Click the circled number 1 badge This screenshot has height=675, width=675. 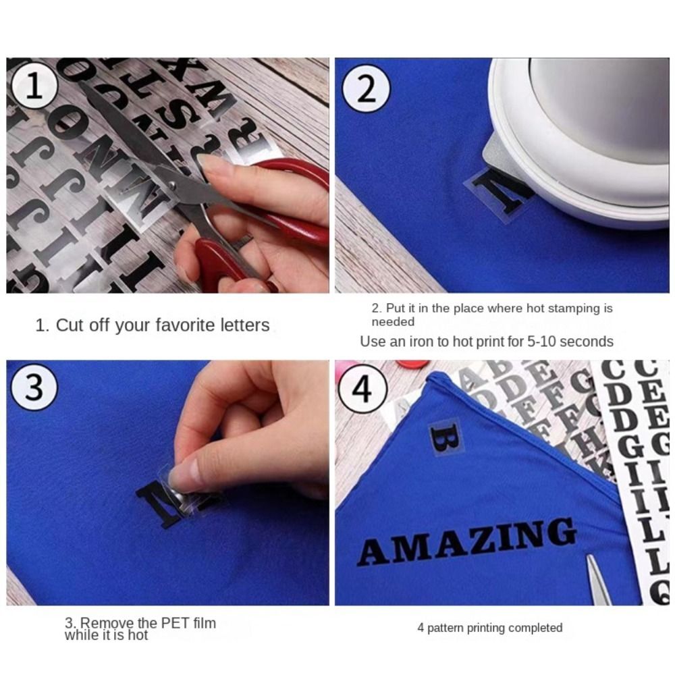coord(35,88)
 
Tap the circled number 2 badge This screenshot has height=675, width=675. coord(366,88)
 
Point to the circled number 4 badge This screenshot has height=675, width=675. coord(363,389)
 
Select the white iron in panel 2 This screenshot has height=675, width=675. coord(580,135)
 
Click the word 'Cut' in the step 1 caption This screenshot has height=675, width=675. coord(67,325)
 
